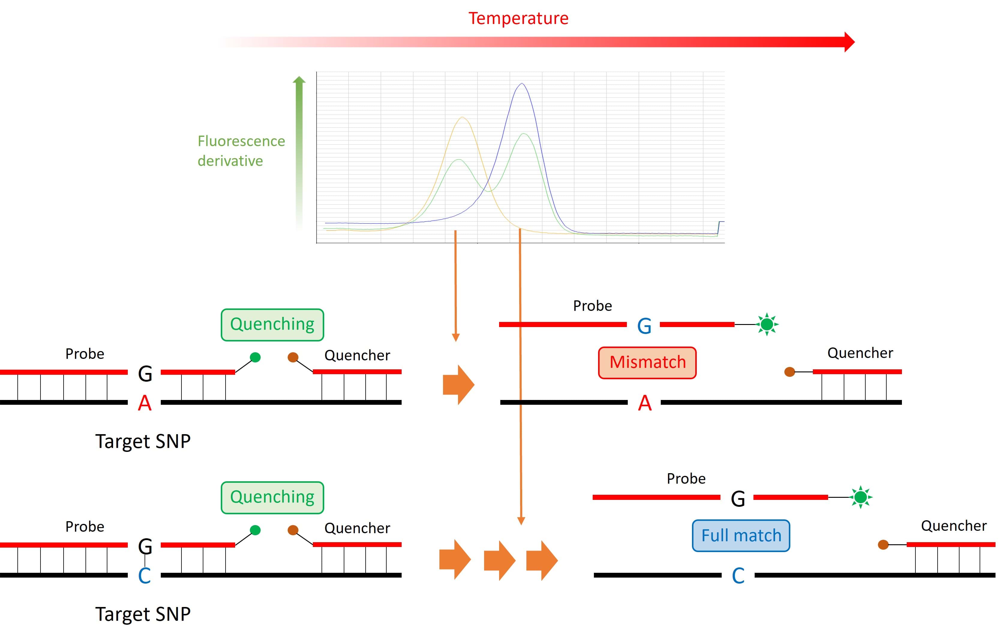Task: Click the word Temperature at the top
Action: pyautogui.click(x=518, y=18)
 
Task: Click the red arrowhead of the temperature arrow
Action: pyautogui.click(x=849, y=42)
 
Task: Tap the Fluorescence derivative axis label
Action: pyautogui.click(x=241, y=151)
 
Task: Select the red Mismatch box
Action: pyautogui.click(x=647, y=362)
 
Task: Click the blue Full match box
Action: pyautogui.click(x=741, y=535)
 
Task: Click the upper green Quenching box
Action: pyautogui.click(x=272, y=325)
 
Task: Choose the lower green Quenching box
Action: pyautogui.click(x=272, y=497)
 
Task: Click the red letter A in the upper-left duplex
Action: pyautogui.click(x=145, y=403)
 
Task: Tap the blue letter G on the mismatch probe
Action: pyautogui.click(x=644, y=326)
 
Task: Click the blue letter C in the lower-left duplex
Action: pyautogui.click(x=145, y=575)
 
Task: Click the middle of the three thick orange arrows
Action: pyautogui.click(x=499, y=560)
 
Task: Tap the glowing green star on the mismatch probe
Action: pyautogui.click(x=767, y=324)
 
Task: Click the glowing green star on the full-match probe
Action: pyautogui.click(x=861, y=497)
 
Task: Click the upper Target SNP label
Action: pyautogui.click(x=143, y=441)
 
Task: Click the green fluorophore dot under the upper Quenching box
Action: pyautogui.click(x=255, y=357)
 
